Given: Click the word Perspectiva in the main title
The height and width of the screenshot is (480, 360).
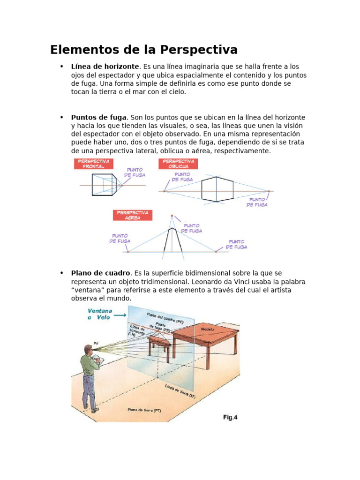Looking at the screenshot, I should [199, 50].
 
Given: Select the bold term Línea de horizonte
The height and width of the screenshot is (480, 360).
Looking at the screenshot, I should [105, 67].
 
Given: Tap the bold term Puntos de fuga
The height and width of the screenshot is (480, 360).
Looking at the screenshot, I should [98, 117].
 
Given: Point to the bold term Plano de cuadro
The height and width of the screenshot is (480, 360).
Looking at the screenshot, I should [101, 273].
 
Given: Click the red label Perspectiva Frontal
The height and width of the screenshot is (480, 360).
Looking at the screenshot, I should [93, 164].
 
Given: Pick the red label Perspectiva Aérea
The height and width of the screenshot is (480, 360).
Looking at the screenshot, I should [133, 215].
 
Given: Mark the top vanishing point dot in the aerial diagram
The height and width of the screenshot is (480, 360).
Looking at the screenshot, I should [172, 216].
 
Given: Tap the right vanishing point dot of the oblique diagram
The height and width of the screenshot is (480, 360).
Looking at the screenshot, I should [269, 191].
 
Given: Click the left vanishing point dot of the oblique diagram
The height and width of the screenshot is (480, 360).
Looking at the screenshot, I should [164, 191].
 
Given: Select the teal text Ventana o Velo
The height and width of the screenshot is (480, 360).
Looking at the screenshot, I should [99, 314].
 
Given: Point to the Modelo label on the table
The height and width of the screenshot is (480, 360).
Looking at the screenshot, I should [207, 329].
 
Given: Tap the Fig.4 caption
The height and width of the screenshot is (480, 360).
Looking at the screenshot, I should [230, 417].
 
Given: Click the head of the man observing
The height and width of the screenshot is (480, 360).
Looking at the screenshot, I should [88, 350].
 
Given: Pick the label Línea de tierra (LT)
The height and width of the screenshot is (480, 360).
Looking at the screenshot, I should [180, 391].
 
